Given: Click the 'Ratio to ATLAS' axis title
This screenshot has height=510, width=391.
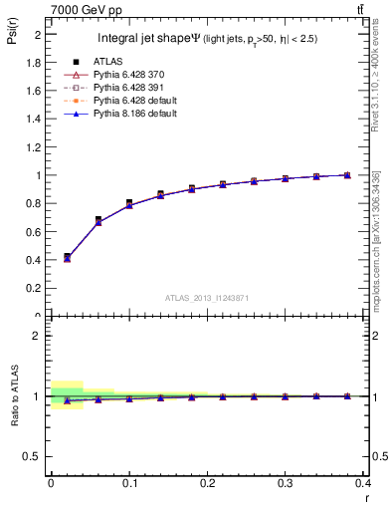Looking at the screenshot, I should (x=14, y=395).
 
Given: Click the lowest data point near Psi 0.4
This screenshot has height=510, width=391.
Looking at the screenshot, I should (x=67, y=257).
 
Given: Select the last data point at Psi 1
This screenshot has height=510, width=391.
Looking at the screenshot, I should (x=346, y=175).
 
